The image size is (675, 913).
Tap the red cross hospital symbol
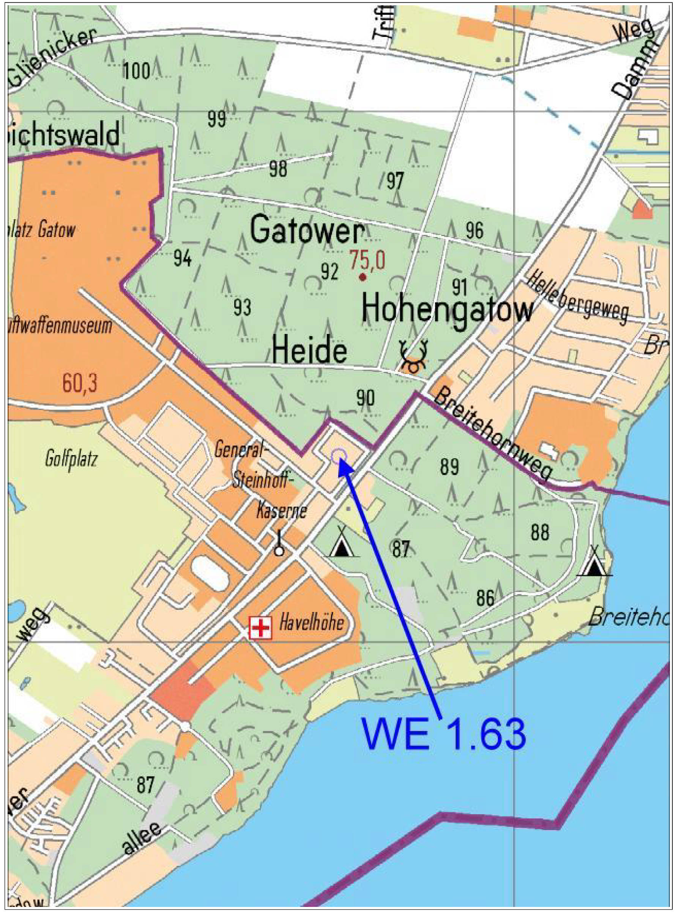261,628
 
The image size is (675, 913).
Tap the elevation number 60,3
80,383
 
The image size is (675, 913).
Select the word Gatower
306,231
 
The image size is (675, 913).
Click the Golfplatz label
71,460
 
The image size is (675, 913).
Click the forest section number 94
182,258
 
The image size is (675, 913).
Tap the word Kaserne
282,511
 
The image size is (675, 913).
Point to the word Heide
309,351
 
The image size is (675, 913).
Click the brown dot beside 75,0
363,278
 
